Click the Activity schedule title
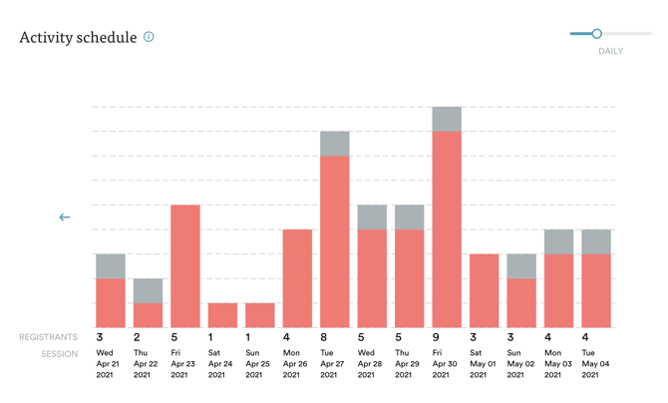point(78,38)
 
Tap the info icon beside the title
point(149,37)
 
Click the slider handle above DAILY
point(596,34)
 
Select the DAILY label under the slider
point(610,51)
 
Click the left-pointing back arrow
point(65,216)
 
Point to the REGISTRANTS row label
point(48,338)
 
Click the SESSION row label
point(59,354)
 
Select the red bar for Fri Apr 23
point(184,266)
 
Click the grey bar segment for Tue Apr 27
point(334,143)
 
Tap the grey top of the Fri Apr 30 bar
point(447,119)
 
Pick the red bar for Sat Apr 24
point(222,315)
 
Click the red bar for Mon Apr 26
point(297,278)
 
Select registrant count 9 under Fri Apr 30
point(436,338)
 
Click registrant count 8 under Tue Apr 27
point(324,338)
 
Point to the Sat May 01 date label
point(480,364)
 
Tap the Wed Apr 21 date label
point(106,364)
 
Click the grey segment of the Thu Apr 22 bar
point(148,290)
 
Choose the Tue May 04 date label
point(595,364)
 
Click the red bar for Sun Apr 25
point(259,315)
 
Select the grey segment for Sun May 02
point(521,266)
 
